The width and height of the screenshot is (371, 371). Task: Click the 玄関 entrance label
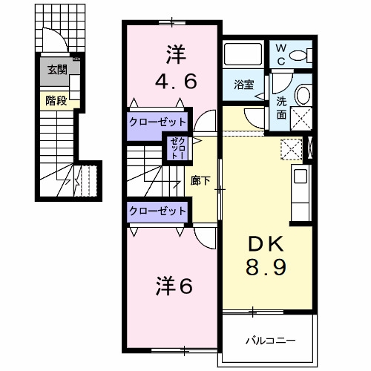(x=57, y=70)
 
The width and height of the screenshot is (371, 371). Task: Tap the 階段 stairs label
(x=56, y=101)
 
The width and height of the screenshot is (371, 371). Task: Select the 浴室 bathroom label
(x=244, y=85)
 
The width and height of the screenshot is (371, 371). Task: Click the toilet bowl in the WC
(x=298, y=56)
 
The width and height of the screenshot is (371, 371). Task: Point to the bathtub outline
(x=243, y=54)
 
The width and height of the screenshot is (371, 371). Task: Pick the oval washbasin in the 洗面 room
(x=303, y=95)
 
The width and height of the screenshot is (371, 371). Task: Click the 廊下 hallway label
(x=200, y=180)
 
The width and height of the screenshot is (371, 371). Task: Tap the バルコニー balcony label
(x=270, y=341)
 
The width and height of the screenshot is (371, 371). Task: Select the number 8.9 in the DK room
(x=266, y=267)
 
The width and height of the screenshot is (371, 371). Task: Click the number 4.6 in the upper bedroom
(x=176, y=82)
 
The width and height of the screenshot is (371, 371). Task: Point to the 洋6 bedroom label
(x=174, y=286)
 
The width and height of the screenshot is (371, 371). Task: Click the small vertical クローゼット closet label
(x=177, y=148)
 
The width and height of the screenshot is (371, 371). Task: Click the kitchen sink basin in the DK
(x=301, y=177)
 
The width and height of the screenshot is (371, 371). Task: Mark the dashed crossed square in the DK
(x=292, y=149)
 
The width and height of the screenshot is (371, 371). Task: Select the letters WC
(x=281, y=55)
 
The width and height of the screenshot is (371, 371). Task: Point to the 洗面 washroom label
(x=281, y=108)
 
